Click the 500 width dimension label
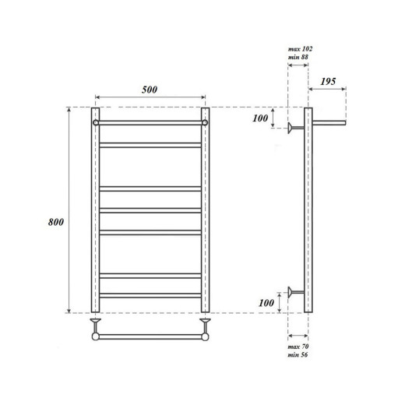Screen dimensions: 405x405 pos(150,89)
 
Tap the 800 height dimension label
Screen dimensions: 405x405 pos(55,221)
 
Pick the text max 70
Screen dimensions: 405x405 pos(298,346)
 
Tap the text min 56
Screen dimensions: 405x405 pos(298,355)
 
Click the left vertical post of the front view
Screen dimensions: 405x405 pos(95,210)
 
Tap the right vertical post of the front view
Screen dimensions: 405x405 pos(206,210)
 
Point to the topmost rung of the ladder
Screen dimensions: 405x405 pos(150,122)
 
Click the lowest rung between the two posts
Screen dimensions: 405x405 pos(150,294)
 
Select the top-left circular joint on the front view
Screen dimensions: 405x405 pos(95,122)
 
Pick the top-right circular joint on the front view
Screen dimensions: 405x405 pos(206,122)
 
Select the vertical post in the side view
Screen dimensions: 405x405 pos(308,210)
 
